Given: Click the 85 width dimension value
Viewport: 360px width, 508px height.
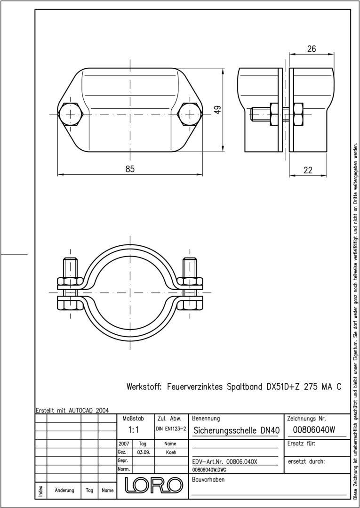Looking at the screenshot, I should point(130,169).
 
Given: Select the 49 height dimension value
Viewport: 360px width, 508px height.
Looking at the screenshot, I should point(217,109).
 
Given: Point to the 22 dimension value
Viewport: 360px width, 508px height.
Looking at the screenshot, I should point(308,170).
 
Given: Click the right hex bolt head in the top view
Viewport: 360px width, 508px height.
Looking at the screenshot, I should point(190,114).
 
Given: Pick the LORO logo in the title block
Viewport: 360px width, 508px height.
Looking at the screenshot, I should point(153,485).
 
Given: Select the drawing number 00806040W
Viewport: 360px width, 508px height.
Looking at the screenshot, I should point(314,429).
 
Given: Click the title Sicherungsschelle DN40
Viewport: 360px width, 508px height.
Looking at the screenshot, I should point(237,430).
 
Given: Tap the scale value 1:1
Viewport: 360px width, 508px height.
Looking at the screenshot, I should point(134,429).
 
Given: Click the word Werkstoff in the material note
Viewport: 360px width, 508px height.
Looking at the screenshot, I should point(144,387).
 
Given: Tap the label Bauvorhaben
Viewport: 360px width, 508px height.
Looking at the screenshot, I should point(208,479).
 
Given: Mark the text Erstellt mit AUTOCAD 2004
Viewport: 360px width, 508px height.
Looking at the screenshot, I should point(72,410).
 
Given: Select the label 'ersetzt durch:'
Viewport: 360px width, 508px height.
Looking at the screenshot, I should point(306,461).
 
